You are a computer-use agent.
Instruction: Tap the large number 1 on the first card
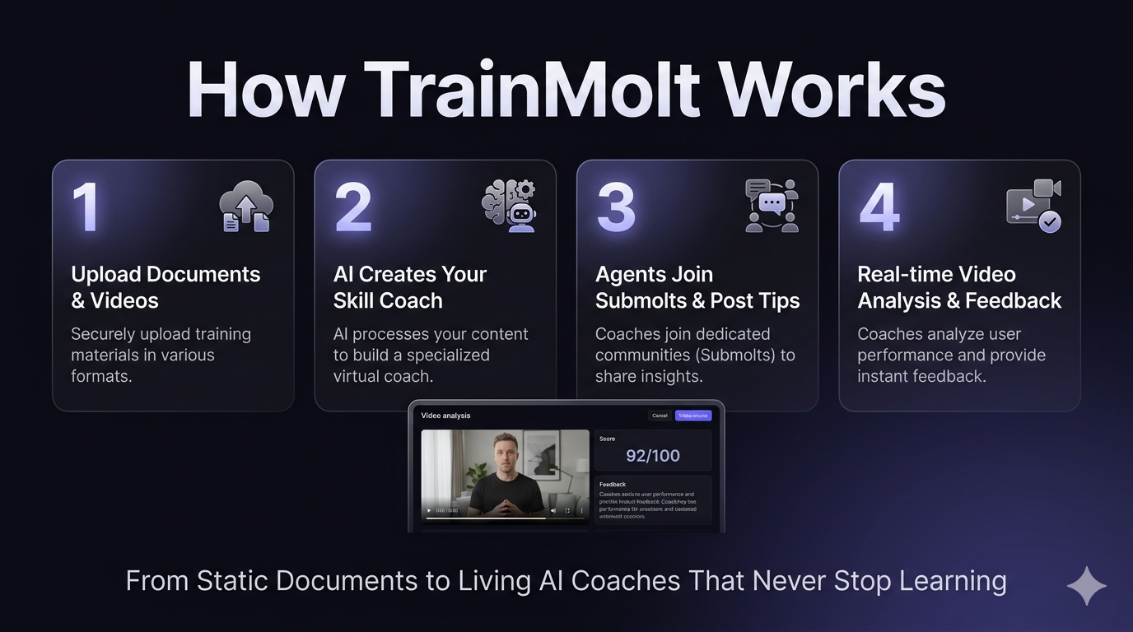point(86,207)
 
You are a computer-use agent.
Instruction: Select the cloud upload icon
point(246,207)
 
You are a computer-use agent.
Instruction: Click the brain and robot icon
point(509,206)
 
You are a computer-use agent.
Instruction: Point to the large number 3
point(616,207)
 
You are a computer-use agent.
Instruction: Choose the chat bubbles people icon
point(772,206)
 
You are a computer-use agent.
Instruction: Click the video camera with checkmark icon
point(1033,206)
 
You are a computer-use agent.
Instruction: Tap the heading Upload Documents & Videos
point(166,287)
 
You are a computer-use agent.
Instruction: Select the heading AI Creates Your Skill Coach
point(410,287)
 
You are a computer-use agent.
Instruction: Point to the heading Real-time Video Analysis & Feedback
point(959,287)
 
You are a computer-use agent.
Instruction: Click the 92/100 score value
point(653,456)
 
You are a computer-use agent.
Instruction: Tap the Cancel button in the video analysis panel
point(660,416)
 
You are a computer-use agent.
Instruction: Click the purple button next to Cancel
point(693,416)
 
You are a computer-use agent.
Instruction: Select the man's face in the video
point(505,454)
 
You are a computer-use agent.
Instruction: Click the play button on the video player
point(428,511)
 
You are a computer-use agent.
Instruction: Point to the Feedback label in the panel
point(613,485)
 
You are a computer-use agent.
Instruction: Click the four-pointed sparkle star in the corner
point(1087,586)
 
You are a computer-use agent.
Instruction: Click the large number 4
point(879,207)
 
